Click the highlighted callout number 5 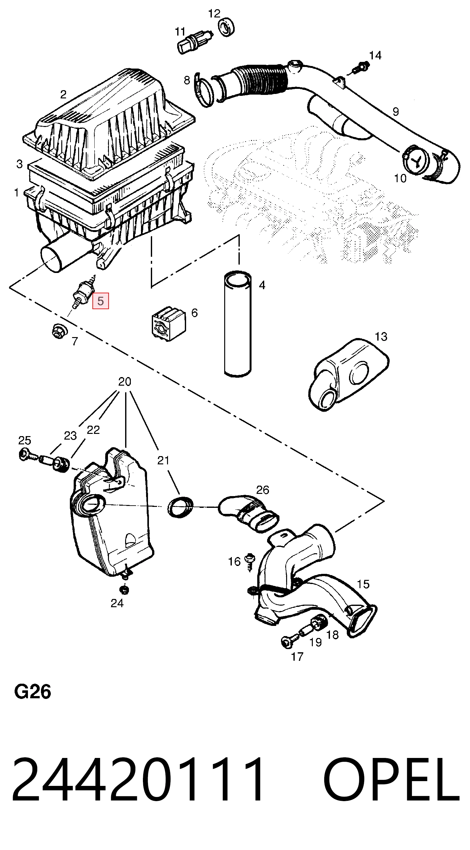pos(100,301)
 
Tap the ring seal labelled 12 pos(227,27)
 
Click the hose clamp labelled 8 pos(202,90)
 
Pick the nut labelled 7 pos(59,331)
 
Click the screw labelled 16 pos(250,561)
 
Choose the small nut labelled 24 pos(124,589)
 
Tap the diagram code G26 pos(32,692)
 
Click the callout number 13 pos(381,336)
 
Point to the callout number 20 pos(125,382)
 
